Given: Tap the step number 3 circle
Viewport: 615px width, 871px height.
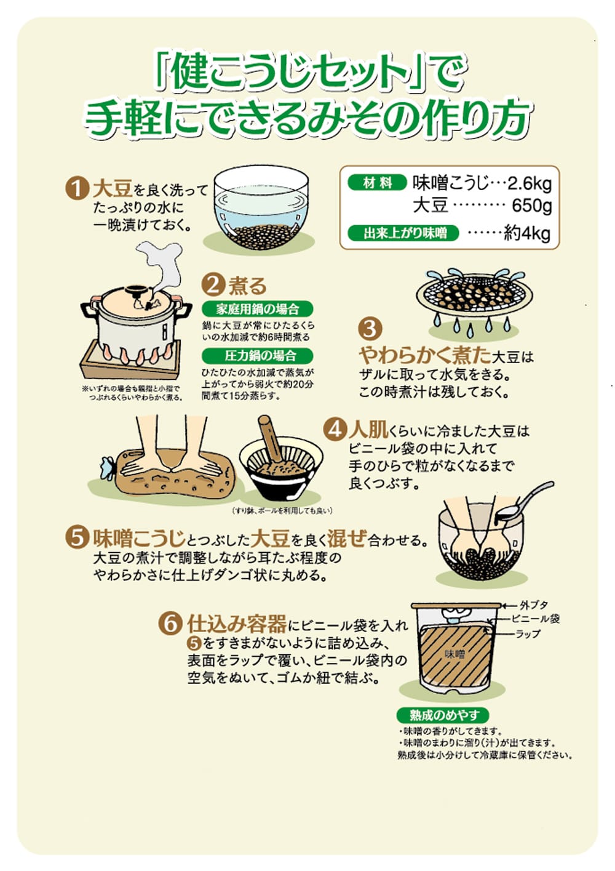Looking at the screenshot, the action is click(x=370, y=328).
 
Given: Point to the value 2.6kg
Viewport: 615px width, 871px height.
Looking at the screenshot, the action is click(x=530, y=184).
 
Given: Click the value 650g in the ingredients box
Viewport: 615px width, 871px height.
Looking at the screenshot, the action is click(x=531, y=206).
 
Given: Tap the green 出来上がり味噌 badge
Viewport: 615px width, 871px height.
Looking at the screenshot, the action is click(x=403, y=233).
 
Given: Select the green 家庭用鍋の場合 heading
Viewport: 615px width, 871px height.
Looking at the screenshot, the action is click(x=257, y=309).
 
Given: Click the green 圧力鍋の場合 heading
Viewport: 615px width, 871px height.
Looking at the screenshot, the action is click(x=257, y=355).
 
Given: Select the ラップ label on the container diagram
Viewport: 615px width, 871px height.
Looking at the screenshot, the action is click(x=527, y=634).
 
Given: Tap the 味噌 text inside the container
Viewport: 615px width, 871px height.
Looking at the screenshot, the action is click(x=454, y=654).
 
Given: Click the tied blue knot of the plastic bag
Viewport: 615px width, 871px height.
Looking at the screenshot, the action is click(x=106, y=468).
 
